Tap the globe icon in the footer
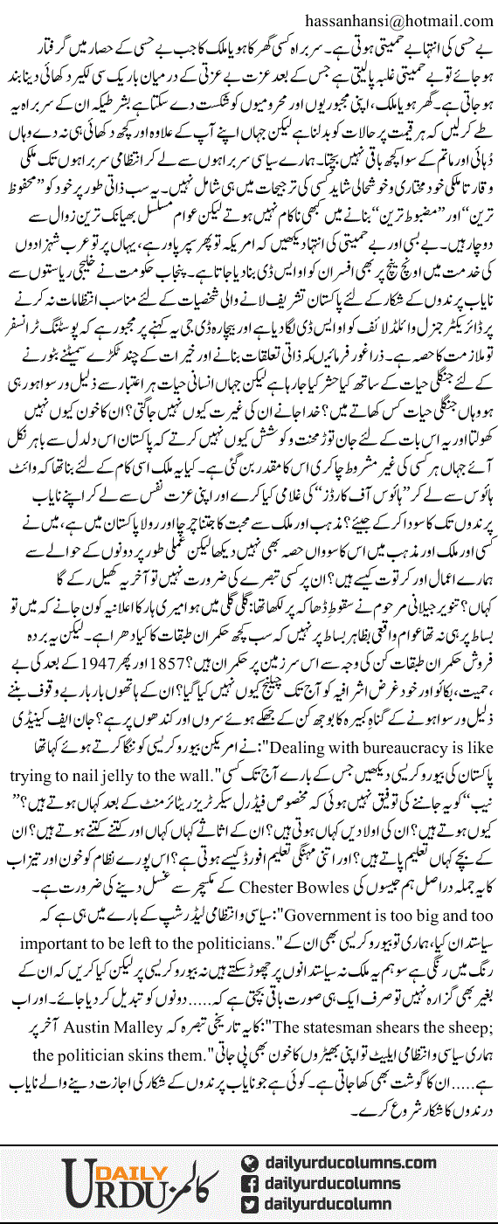(x=249, y=1162)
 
